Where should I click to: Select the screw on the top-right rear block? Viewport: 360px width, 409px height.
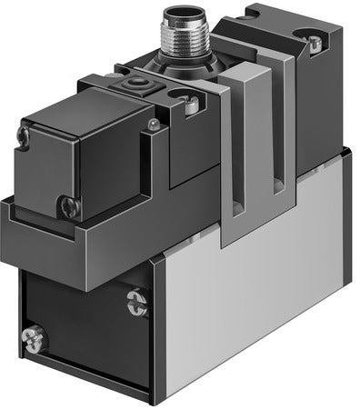pyautogui.click(x=314, y=43)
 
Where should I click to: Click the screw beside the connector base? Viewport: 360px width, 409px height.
pyautogui.click(x=192, y=105)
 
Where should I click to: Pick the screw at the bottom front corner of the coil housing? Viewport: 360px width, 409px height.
pyautogui.click(x=68, y=206)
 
